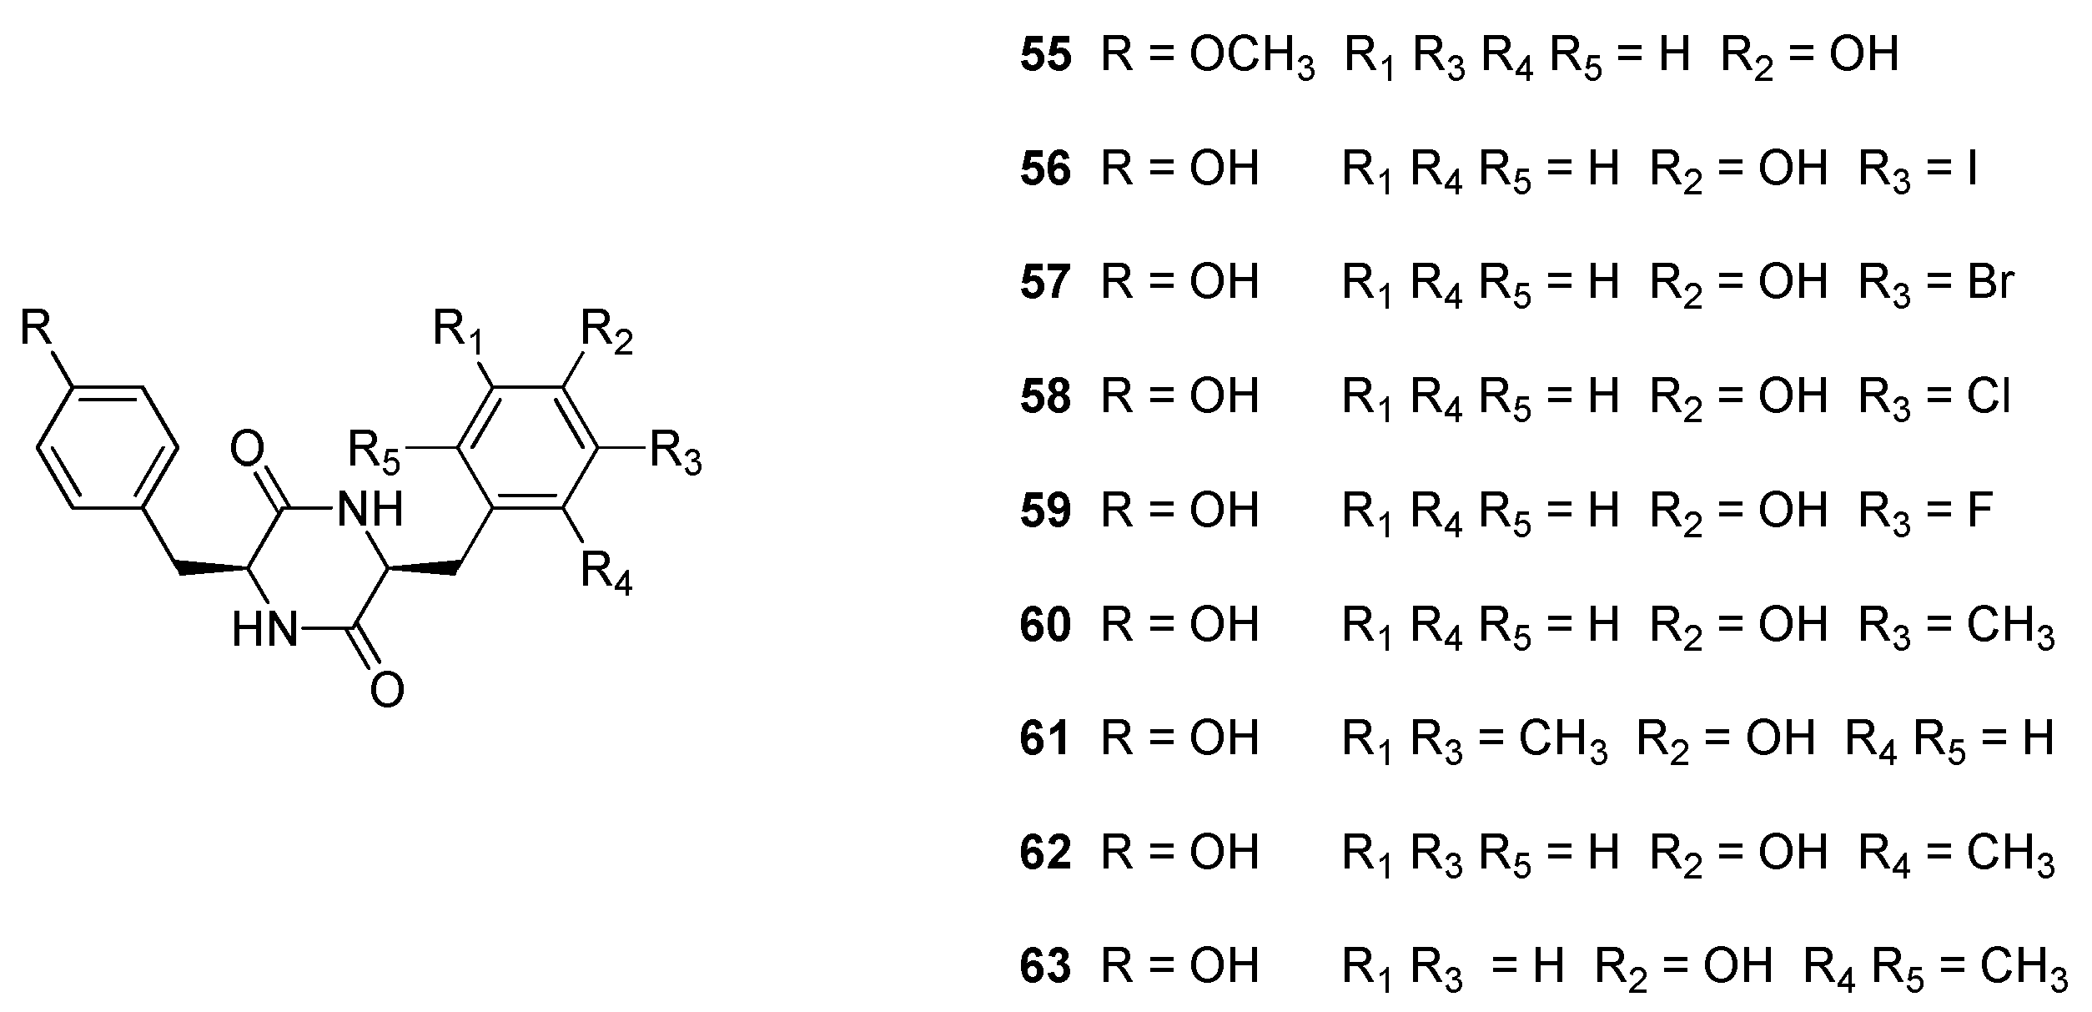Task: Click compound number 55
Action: click(1045, 55)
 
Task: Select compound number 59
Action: click(1045, 510)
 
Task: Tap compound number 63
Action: click(1045, 965)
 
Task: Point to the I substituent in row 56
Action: click(1971, 169)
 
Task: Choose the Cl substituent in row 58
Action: click(1989, 396)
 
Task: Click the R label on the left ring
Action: click(37, 328)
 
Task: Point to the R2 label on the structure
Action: click(606, 332)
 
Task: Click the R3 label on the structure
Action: click(676, 453)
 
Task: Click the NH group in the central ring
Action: click(370, 508)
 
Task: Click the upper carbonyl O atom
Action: click(247, 451)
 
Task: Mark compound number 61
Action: click(1045, 738)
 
